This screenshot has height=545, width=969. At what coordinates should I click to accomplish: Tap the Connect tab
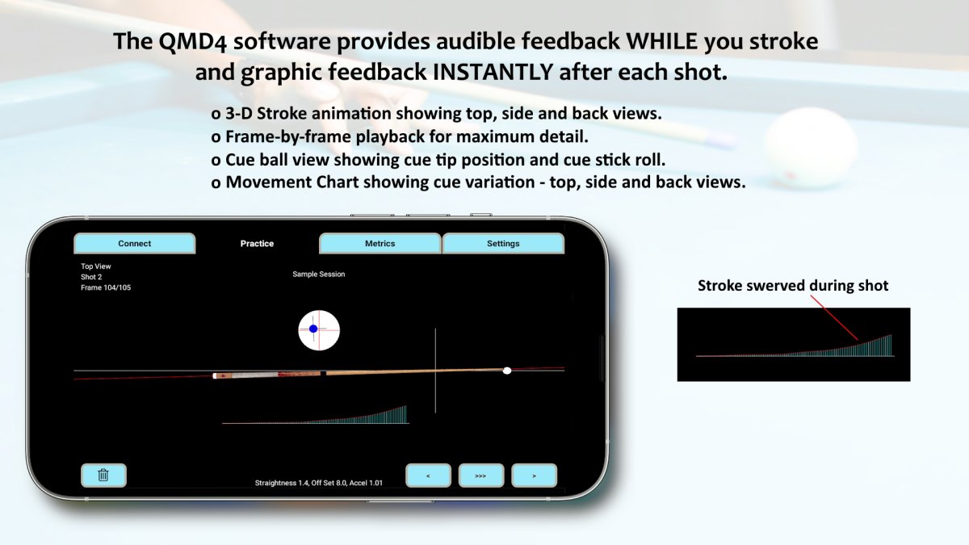point(134,243)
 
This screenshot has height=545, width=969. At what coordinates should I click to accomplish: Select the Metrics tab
point(380,243)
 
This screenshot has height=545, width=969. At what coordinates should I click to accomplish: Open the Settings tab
point(503,243)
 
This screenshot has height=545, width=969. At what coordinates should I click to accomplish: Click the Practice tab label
point(257,243)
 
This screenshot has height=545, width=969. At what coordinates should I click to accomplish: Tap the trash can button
point(103,475)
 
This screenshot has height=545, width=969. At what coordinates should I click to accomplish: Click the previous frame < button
point(427,476)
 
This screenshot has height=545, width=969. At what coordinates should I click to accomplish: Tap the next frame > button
point(534,476)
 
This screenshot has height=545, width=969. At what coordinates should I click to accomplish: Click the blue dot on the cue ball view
point(313,329)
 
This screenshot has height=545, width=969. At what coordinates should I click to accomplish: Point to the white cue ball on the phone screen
point(507,371)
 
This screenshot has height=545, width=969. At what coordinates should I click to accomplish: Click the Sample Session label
point(318,275)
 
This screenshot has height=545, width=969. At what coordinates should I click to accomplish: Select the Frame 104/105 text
point(106,287)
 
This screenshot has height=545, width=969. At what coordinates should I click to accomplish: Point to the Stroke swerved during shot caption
point(793,286)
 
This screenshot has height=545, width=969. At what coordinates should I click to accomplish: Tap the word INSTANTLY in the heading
point(493,73)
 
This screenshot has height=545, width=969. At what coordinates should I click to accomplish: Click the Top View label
point(96,266)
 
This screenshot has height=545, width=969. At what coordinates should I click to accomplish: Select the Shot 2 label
point(91,277)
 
